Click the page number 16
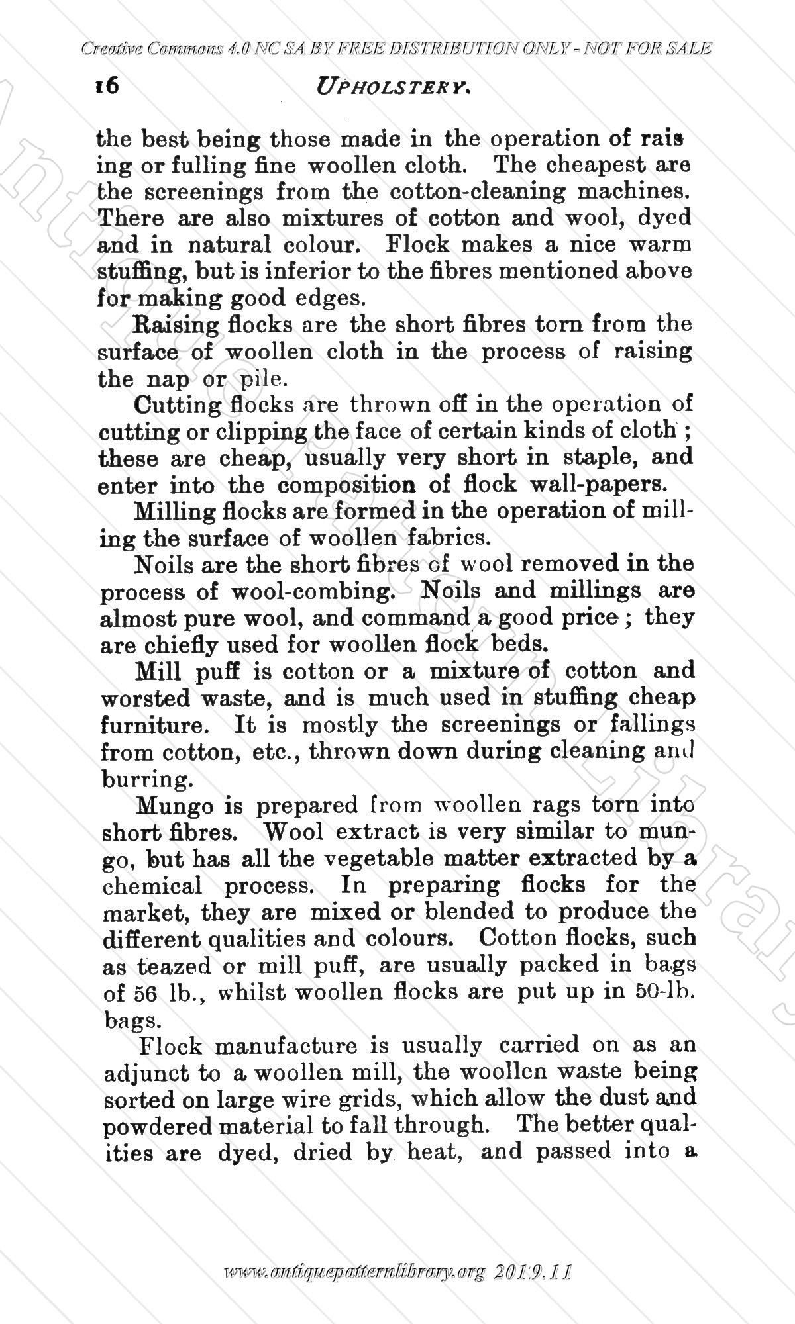(106, 86)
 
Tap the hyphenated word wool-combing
(311, 591)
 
